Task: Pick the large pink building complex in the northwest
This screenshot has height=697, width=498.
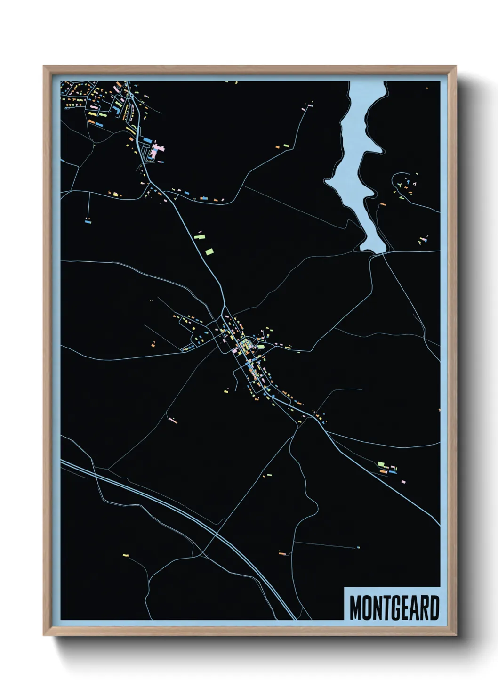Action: tap(157, 151)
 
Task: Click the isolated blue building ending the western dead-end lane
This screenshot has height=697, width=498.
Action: tap(88, 220)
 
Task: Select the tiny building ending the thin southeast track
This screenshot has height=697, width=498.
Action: tap(358, 547)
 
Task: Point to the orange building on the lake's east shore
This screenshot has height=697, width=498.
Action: tap(383, 204)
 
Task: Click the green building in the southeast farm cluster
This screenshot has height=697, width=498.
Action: tap(381, 464)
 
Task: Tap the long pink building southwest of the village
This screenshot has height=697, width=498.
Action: tap(173, 421)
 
